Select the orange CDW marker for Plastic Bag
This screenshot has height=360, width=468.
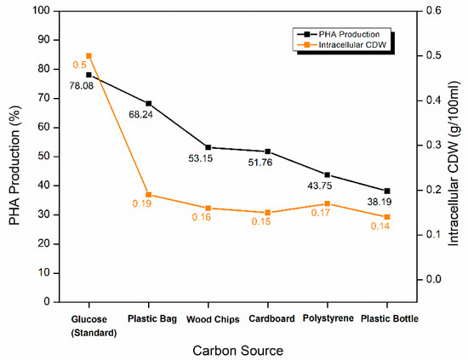click(149, 195)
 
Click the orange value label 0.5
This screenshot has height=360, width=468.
click(79, 65)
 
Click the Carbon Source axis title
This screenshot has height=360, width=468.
click(238, 349)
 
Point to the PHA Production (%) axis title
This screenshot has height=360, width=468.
click(14, 157)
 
